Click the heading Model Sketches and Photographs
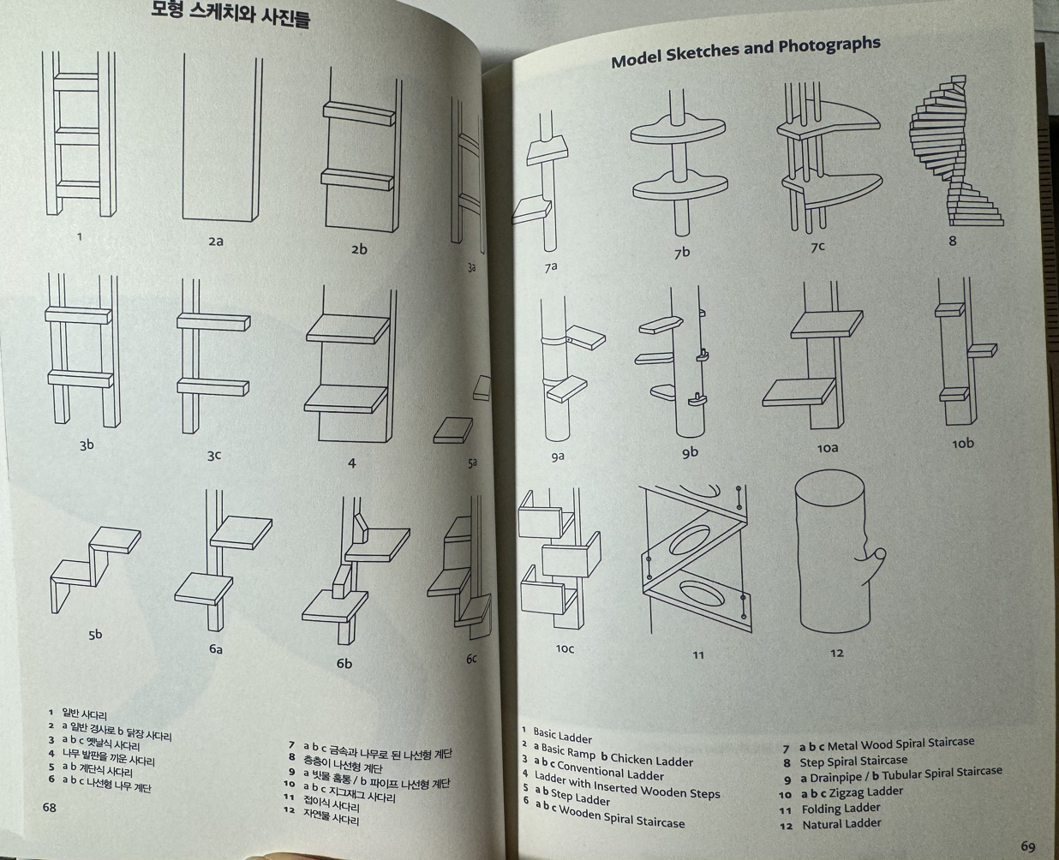tap(745, 51)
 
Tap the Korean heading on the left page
tap(230, 15)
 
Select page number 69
tap(1028, 846)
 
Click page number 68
tap(50, 807)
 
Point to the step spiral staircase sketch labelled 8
tap(954, 154)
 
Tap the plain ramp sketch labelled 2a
tap(221, 137)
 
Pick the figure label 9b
tap(690, 452)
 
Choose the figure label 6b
tap(344, 663)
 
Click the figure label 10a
tap(827, 448)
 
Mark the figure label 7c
tap(817, 247)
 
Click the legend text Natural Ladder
tap(841, 824)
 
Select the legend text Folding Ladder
tap(841, 808)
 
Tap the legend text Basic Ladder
tap(562, 735)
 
